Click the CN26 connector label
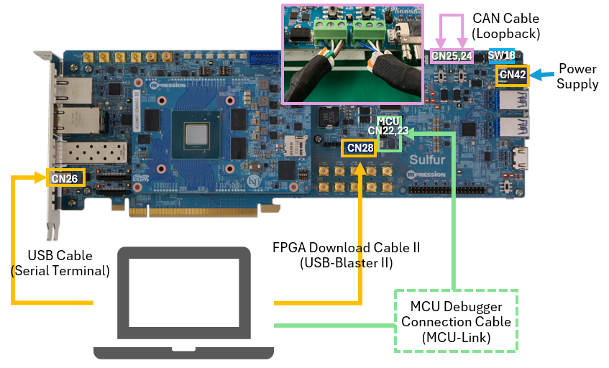65,178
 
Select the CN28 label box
360,148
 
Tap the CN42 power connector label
512,75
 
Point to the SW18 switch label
501,56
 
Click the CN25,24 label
452,56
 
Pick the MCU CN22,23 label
388,126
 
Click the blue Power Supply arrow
541,75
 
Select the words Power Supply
577,76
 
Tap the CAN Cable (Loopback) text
505,26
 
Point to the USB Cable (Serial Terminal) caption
60,263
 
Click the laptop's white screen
184,293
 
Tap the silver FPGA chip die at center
196,134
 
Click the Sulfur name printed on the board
427,160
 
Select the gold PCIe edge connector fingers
193,212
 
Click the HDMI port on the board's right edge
520,158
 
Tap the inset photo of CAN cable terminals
352,55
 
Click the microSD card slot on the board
296,147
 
